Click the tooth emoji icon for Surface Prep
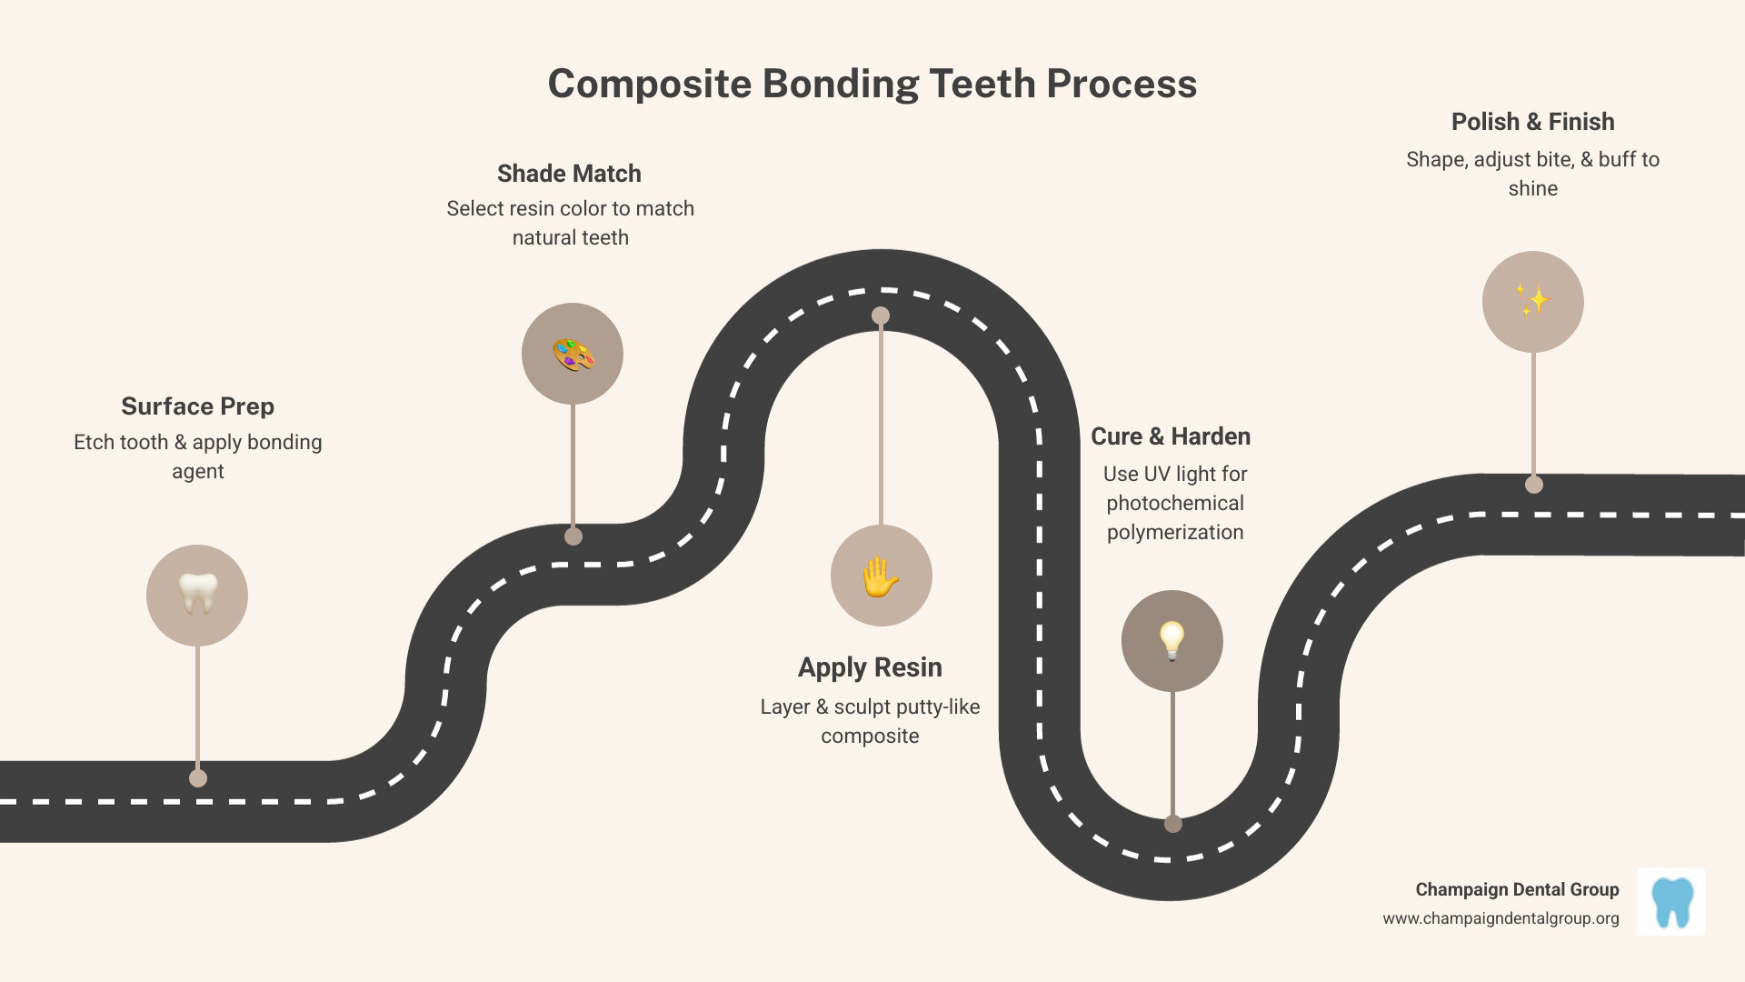pyautogui.click(x=197, y=595)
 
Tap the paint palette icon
pyautogui.click(x=573, y=354)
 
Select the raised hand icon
pyautogui.click(x=881, y=576)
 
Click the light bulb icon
pyautogui.click(x=1172, y=640)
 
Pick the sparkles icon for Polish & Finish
pyautogui.click(x=1532, y=301)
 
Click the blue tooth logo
pyautogui.click(x=1670, y=901)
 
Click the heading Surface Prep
pyautogui.click(x=197, y=406)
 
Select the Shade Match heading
pyautogui.click(x=569, y=174)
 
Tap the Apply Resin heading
pyautogui.click(x=870, y=667)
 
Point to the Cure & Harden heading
pyautogui.click(x=1170, y=436)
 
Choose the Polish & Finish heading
pyautogui.click(x=1532, y=122)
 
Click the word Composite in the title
pyautogui.click(x=649, y=85)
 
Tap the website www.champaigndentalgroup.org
pyautogui.click(x=1501, y=918)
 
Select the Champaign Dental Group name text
pyautogui.click(x=1517, y=889)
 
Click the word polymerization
pyautogui.click(x=1174, y=533)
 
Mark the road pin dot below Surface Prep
pyautogui.click(x=198, y=778)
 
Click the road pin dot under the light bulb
pyautogui.click(x=1173, y=824)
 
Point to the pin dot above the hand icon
pyautogui.click(x=881, y=316)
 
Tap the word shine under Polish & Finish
pyautogui.click(x=1532, y=189)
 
